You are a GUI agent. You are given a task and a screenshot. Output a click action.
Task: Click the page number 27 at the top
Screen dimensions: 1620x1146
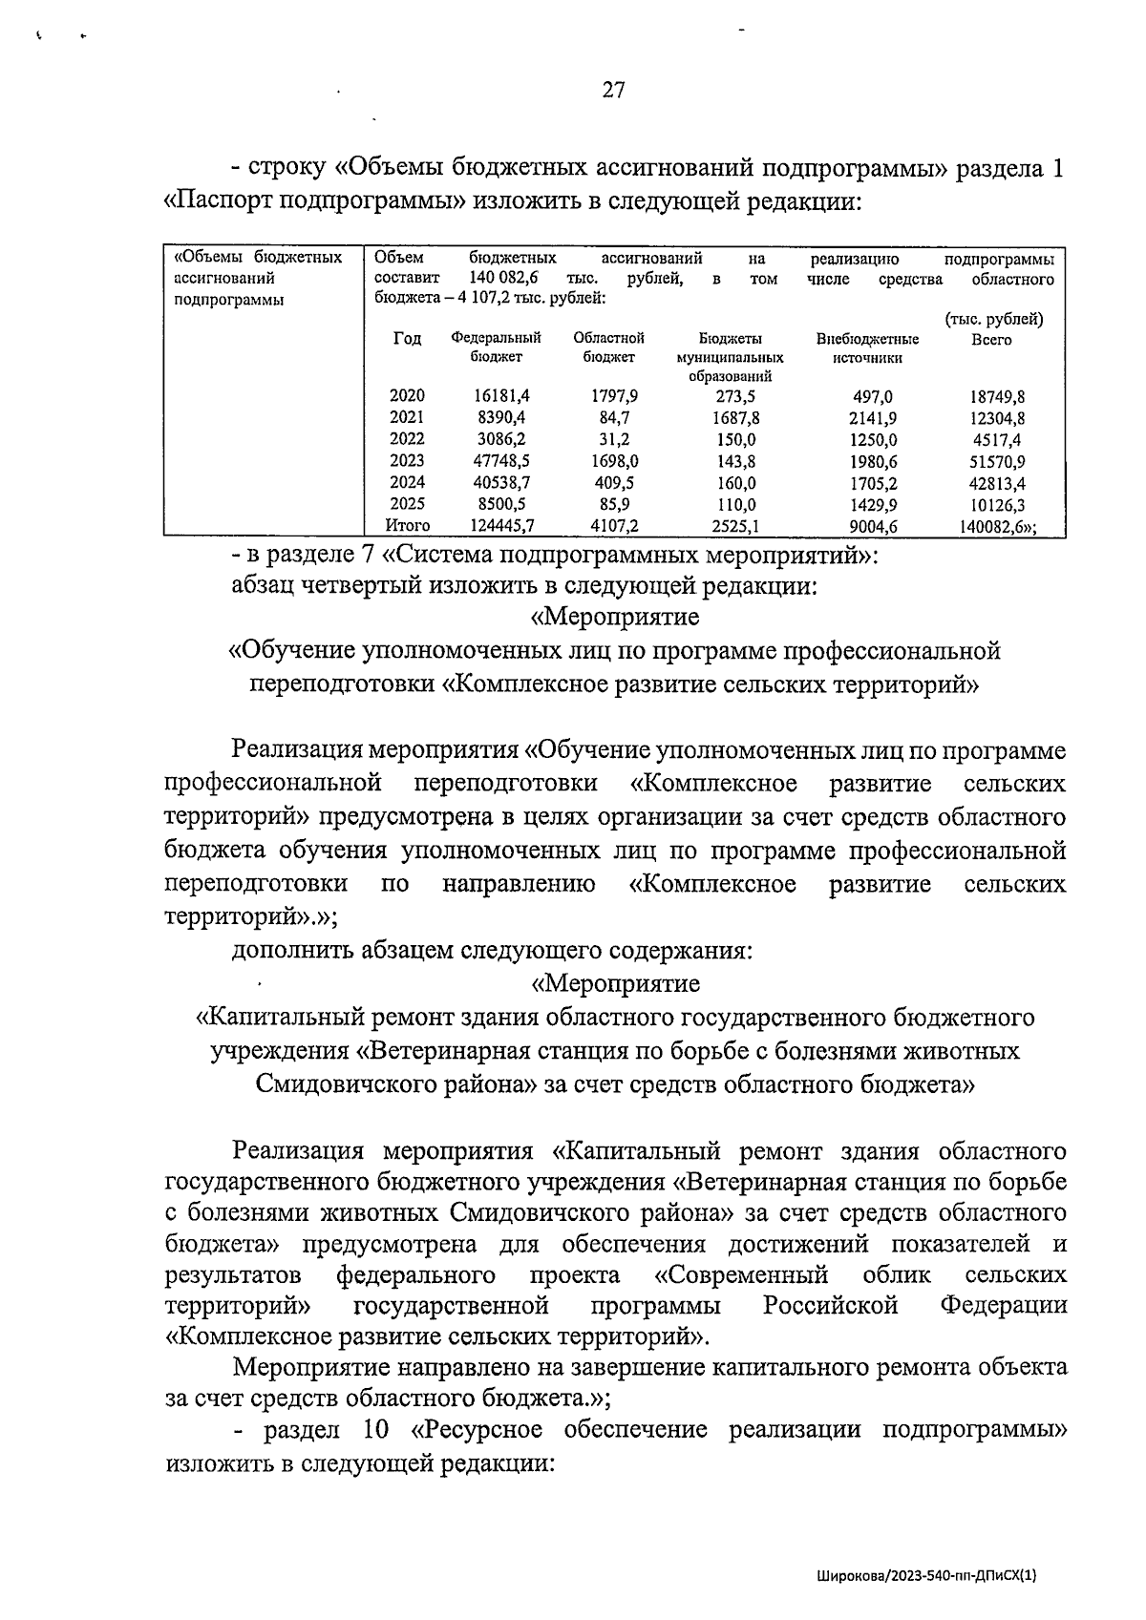coord(613,91)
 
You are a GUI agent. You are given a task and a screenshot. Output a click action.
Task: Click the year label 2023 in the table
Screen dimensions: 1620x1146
coord(407,460)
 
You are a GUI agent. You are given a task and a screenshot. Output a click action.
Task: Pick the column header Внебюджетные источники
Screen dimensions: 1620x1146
coord(867,347)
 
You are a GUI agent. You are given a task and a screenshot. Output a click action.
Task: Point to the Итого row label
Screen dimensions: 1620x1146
coord(407,525)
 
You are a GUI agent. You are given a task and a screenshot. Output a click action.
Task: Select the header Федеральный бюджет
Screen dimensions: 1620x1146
coord(496,347)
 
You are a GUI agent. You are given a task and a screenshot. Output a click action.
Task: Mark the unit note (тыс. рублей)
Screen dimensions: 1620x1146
coord(993,320)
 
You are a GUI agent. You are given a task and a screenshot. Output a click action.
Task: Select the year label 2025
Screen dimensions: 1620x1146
coord(407,503)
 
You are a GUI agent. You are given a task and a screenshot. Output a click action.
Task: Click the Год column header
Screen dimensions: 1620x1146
coord(407,338)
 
